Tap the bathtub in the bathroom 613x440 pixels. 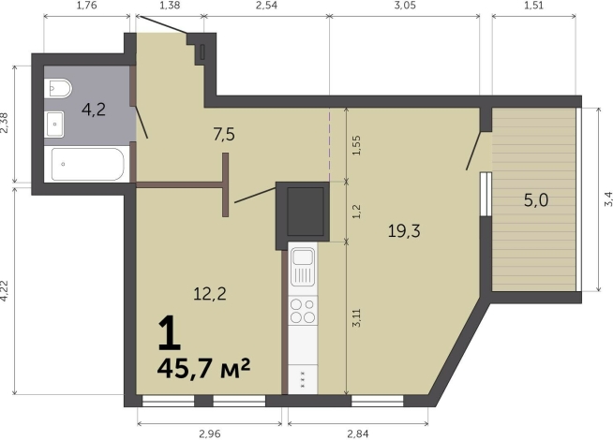click(86, 167)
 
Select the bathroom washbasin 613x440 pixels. click(54, 120)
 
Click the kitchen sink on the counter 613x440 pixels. click(303, 266)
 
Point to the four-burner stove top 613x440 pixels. click(302, 313)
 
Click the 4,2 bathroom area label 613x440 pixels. click(93, 110)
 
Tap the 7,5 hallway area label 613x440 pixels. click(223, 134)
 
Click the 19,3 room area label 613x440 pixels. click(405, 231)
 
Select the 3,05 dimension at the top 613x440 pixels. click(405, 7)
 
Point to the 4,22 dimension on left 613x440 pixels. click(6, 291)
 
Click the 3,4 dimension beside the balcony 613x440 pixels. click(606, 198)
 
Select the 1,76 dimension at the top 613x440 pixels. click(85, 7)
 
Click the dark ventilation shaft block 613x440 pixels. click(304, 212)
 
